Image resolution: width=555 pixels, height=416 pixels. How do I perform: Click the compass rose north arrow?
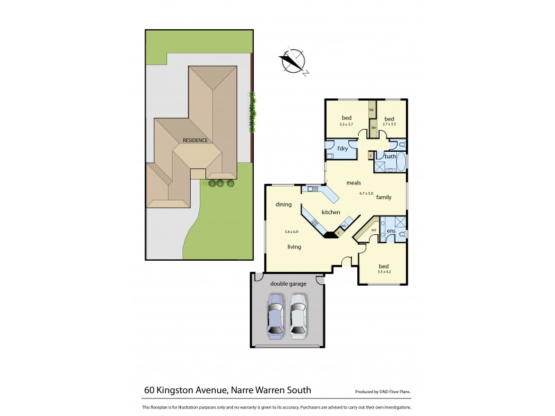point(294,60)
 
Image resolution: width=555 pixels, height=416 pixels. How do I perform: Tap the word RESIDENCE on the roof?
point(195,140)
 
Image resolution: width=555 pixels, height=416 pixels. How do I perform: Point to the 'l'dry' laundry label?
point(341,149)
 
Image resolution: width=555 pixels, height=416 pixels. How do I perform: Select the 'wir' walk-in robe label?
point(374,229)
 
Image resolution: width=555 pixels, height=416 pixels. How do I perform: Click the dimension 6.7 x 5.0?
point(366,193)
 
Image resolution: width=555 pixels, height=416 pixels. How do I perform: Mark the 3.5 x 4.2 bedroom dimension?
point(384,272)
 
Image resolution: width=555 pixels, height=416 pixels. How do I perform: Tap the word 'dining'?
point(283,204)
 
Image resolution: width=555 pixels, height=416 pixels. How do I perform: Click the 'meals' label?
point(354,183)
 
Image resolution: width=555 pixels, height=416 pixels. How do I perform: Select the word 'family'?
point(384,198)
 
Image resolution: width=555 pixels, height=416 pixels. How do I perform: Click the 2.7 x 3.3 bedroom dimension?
point(388,123)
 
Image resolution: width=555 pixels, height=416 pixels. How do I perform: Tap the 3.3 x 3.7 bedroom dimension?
point(346,123)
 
